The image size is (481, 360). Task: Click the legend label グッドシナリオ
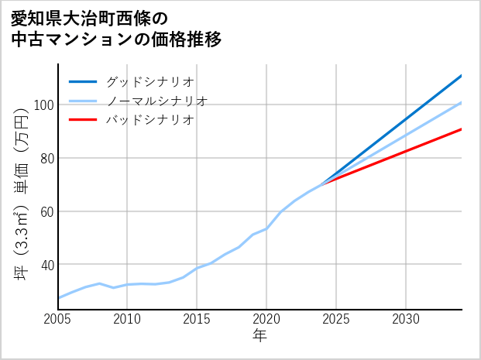coord(150,81)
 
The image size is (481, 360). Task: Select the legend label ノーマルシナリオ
coord(157,101)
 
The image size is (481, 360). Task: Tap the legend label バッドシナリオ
coord(150,120)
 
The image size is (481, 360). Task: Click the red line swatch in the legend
coord(83,120)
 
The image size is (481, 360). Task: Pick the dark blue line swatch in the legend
coord(83,81)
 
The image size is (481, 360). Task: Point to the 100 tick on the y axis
coord(43,105)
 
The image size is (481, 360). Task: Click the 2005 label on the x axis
coord(58,319)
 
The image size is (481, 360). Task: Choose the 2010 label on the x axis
coord(127,319)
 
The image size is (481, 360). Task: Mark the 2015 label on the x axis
coord(197,319)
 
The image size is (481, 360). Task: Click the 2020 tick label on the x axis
coord(266,319)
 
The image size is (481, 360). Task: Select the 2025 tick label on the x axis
coord(336,319)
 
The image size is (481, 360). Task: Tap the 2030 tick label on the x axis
coord(406,319)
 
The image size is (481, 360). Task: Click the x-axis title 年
coord(260,336)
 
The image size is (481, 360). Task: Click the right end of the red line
coord(462,129)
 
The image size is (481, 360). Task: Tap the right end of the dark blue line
coord(462,76)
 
